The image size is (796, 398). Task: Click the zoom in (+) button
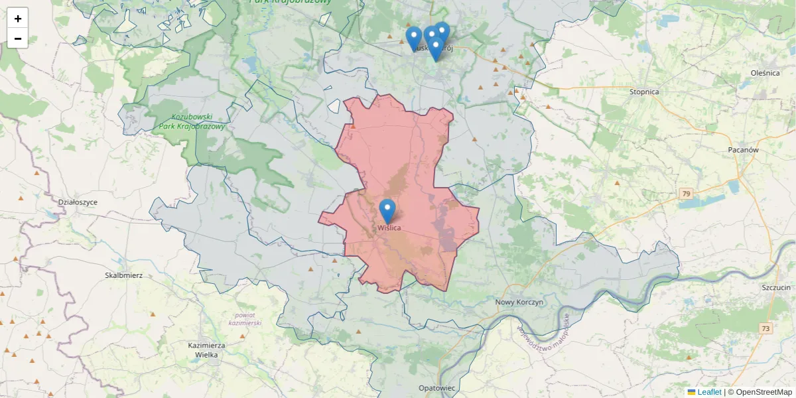tap(18, 19)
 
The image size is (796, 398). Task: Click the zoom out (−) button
tap(18, 38)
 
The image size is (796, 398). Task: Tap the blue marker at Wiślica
tap(387, 212)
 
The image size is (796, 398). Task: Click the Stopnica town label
tap(644, 92)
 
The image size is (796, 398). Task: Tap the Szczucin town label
tap(776, 287)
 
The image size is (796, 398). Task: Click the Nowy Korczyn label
tap(519, 302)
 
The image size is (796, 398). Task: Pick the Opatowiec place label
tap(437, 387)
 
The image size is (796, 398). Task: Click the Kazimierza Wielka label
tap(207, 350)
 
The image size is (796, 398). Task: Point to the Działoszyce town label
tap(78, 202)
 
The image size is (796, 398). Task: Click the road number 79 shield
tap(686, 194)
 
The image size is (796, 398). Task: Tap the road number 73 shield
tap(766, 328)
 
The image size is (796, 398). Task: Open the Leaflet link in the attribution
tap(709, 392)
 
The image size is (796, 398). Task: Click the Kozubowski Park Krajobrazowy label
tap(192, 121)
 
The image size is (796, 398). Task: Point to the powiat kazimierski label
tap(245, 318)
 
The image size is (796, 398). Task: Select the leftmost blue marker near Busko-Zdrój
tap(414, 36)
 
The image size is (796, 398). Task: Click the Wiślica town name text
tap(389, 228)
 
